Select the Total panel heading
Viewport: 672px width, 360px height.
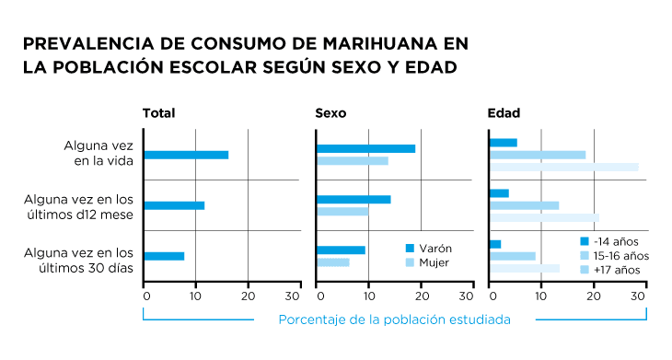pyautogui.click(x=158, y=113)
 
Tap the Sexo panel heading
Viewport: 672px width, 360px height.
pyautogui.click(x=330, y=113)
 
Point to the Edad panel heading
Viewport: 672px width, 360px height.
pyautogui.click(x=504, y=113)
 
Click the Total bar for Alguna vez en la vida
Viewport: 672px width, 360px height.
pyautogui.click(x=186, y=155)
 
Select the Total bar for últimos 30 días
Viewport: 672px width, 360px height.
pyautogui.click(x=164, y=256)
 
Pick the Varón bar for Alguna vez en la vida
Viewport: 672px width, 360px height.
pyautogui.click(x=365, y=148)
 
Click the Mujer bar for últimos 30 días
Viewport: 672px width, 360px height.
pyautogui.click(x=332, y=262)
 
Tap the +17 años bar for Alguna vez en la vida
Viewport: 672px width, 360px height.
pyautogui.click(x=563, y=167)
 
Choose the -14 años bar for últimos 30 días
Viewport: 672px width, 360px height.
pyautogui.click(x=495, y=244)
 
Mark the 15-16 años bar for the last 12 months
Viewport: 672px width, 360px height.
pyautogui.click(x=524, y=205)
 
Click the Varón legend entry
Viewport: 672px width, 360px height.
pyautogui.click(x=428, y=248)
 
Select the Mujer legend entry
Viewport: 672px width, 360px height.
pyautogui.click(x=427, y=262)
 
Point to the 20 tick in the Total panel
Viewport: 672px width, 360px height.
pyautogui.click(x=248, y=296)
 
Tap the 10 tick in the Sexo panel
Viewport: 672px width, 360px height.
pyautogui.click(x=368, y=296)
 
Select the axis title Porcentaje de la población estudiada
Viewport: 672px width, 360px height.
pyautogui.click(x=394, y=319)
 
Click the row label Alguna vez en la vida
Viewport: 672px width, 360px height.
pyautogui.click(x=99, y=153)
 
